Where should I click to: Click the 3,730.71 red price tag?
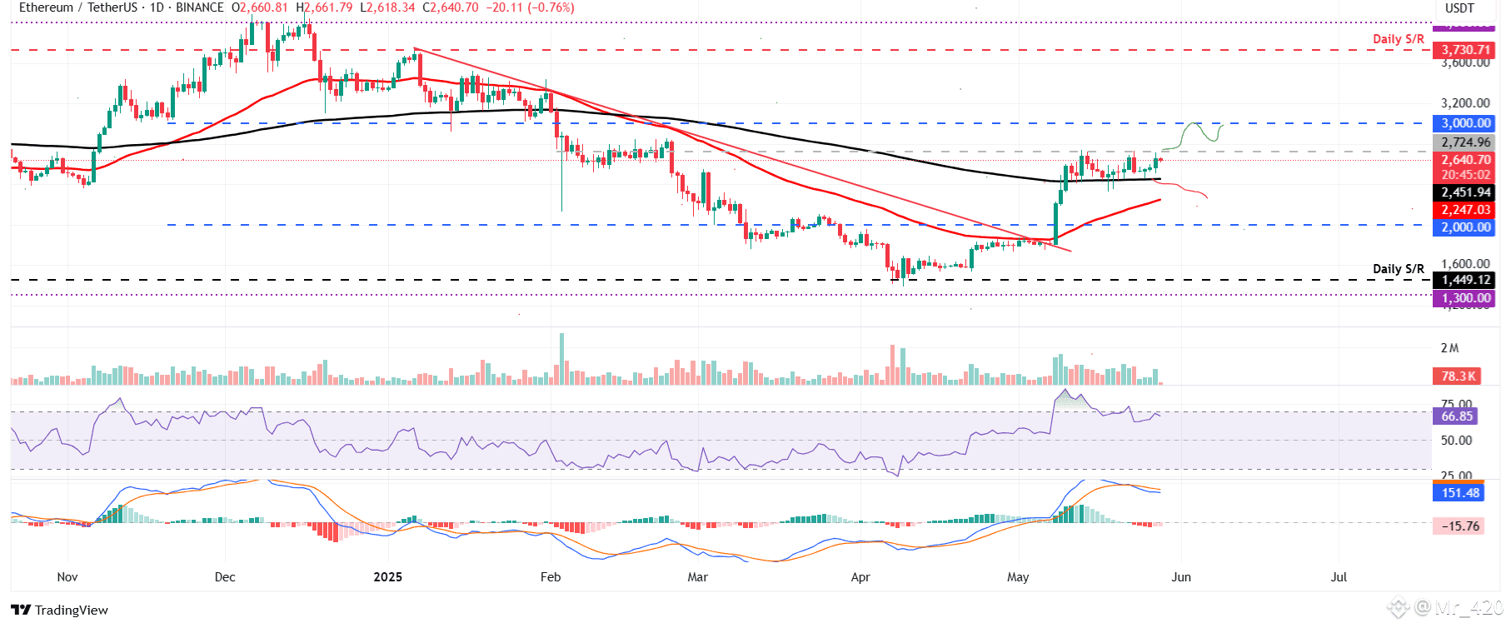pos(1465,50)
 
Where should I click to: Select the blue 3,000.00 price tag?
pos(1465,123)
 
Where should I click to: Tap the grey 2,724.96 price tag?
pos(1465,142)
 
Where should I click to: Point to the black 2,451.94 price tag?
pos(1465,192)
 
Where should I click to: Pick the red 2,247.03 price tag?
pos(1465,210)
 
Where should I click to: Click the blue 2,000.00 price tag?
pos(1465,227)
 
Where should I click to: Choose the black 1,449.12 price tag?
pos(1465,280)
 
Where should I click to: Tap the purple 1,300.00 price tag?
pos(1465,298)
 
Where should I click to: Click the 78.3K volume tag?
pos(1458,376)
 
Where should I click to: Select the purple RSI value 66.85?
pos(1457,416)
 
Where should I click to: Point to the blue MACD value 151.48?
pos(1460,492)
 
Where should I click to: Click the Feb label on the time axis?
pos(551,576)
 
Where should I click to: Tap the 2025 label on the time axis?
pos(387,576)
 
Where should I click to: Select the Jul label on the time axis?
pos(1339,576)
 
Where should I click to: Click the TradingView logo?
pos(60,610)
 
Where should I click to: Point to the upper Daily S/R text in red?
pos(1398,39)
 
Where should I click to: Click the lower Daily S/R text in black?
pos(1398,268)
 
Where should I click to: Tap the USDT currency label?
pos(1459,8)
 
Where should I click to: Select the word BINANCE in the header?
pos(200,7)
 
